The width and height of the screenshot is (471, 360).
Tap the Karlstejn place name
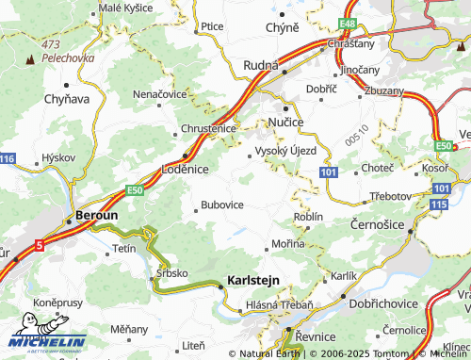tap(255, 280)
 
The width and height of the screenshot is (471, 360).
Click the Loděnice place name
tap(191, 167)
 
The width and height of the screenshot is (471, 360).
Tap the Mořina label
tap(288, 244)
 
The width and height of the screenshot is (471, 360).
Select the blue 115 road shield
tap(438, 204)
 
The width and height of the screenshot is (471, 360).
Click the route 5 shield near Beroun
tap(40, 245)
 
